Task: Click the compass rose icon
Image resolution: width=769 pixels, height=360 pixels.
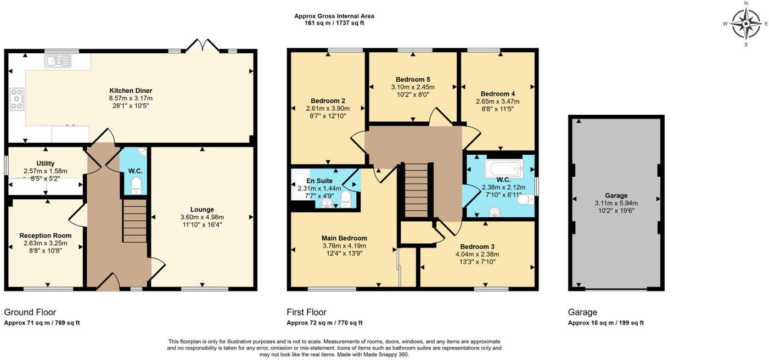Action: point(746,24)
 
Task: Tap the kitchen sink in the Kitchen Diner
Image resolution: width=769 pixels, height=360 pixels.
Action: point(58,61)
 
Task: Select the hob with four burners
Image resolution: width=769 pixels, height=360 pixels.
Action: point(16,99)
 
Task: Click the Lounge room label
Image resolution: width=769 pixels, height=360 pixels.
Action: point(202,209)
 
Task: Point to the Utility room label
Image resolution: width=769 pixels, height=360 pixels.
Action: point(46,164)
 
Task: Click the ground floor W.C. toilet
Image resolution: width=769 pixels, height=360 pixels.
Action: point(136,185)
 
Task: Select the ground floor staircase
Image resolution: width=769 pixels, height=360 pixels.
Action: point(134,221)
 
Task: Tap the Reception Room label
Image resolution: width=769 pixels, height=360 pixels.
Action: point(46,235)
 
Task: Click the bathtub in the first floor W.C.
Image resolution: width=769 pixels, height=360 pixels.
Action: point(504,169)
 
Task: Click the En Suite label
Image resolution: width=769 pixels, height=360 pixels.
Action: point(318,181)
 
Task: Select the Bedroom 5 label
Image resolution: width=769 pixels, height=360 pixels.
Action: point(413,79)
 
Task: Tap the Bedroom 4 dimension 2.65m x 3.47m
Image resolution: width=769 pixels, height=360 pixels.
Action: point(498,102)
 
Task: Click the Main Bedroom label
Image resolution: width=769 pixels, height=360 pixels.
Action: point(344,238)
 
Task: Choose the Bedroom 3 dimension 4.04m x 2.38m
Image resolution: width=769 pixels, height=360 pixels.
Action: point(477,254)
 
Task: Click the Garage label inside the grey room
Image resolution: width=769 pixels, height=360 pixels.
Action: point(616,195)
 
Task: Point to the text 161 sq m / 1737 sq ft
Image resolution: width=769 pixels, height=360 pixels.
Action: point(334,23)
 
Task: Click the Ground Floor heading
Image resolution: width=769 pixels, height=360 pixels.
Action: point(30,312)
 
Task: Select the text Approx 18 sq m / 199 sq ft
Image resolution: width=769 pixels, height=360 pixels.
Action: point(605,323)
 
